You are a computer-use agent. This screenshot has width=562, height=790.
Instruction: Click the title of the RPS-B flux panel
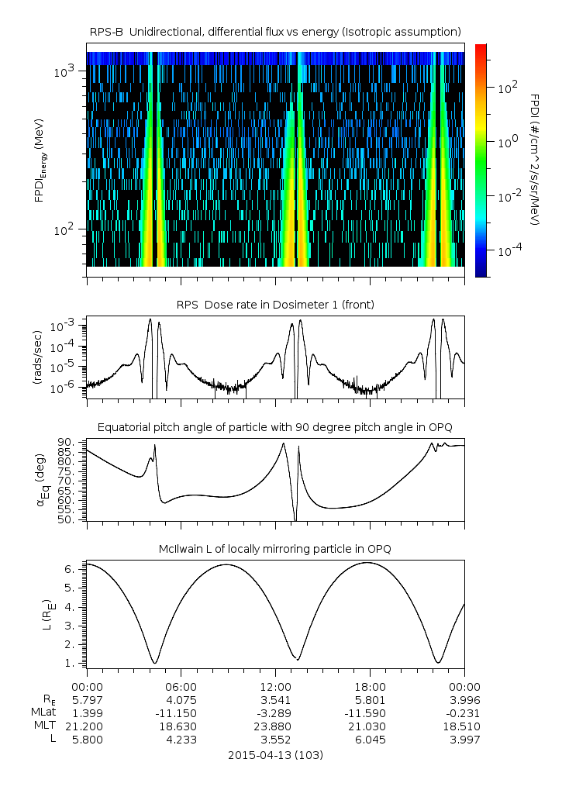275,31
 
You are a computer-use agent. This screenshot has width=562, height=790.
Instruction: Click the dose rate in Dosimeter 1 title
275,305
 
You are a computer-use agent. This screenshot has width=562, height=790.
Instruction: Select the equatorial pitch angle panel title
275,427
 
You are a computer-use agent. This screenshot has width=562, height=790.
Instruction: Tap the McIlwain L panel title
275,549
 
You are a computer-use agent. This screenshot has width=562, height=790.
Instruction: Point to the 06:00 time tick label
181,686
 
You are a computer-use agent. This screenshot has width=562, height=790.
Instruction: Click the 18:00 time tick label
370,686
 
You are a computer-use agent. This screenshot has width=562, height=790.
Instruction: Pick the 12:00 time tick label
276,686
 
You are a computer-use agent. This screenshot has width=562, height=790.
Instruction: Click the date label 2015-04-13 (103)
275,754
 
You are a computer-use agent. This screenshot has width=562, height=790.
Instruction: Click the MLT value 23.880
276,726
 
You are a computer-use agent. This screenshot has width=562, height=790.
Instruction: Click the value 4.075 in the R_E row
181,699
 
